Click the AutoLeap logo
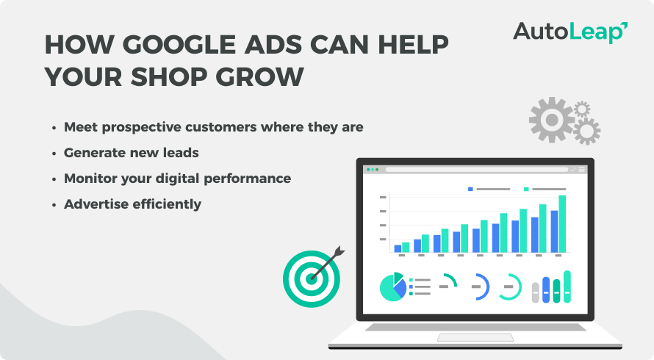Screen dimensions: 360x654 tap(569, 32)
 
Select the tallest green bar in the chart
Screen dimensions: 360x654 tap(562, 223)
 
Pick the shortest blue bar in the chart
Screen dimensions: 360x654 tap(398, 248)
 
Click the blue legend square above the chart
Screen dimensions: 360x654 tap(470, 189)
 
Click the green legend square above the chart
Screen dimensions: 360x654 tap(527, 189)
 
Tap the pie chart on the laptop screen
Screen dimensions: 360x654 tap(393, 287)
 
